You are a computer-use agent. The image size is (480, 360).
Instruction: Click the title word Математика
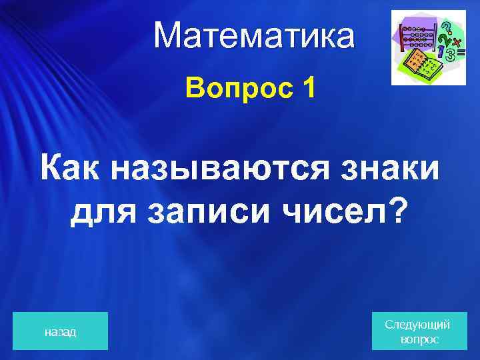coord(254,36)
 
